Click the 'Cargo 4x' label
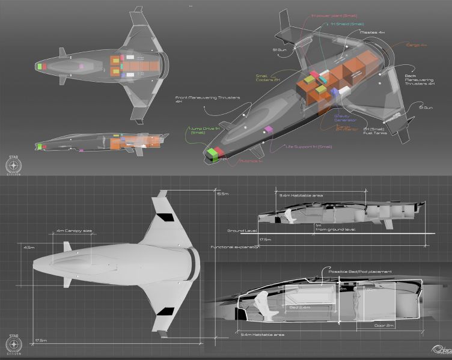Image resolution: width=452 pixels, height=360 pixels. pos(400,44)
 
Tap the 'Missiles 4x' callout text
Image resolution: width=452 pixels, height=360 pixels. pos(368,32)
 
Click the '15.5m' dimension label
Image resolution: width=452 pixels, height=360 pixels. pos(223,194)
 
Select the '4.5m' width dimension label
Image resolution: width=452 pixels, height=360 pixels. pos(29,246)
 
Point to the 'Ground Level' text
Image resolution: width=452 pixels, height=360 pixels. pos(242,231)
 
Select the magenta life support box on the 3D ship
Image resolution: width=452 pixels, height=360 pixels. pos(269,129)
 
